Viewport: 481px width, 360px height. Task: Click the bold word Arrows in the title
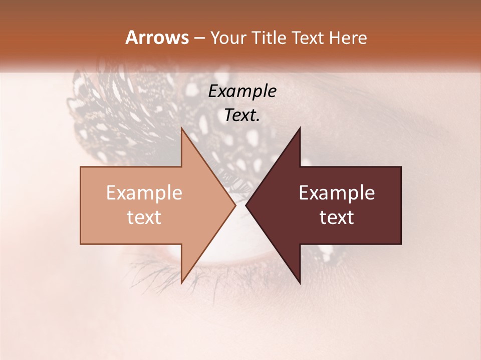[157, 37]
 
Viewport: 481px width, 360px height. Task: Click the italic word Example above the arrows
[242, 91]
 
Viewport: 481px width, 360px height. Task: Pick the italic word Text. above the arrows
[242, 115]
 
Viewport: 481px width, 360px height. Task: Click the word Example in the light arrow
[144, 192]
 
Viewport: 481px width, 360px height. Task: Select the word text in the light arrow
[144, 217]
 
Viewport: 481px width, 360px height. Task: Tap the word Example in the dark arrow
[337, 192]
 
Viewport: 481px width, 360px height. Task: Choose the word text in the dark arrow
[337, 217]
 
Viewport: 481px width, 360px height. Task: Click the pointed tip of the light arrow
[235, 205]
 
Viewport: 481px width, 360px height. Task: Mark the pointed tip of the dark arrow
[246, 205]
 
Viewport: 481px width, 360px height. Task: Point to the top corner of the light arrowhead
[181, 127]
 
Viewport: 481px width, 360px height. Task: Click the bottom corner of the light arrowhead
[181, 283]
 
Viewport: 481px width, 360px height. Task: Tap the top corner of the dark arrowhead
[300, 127]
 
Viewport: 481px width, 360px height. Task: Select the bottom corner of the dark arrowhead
[300, 283]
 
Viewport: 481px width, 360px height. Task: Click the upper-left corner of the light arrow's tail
[81, 167]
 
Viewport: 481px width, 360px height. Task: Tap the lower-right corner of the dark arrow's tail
[401, 244]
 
